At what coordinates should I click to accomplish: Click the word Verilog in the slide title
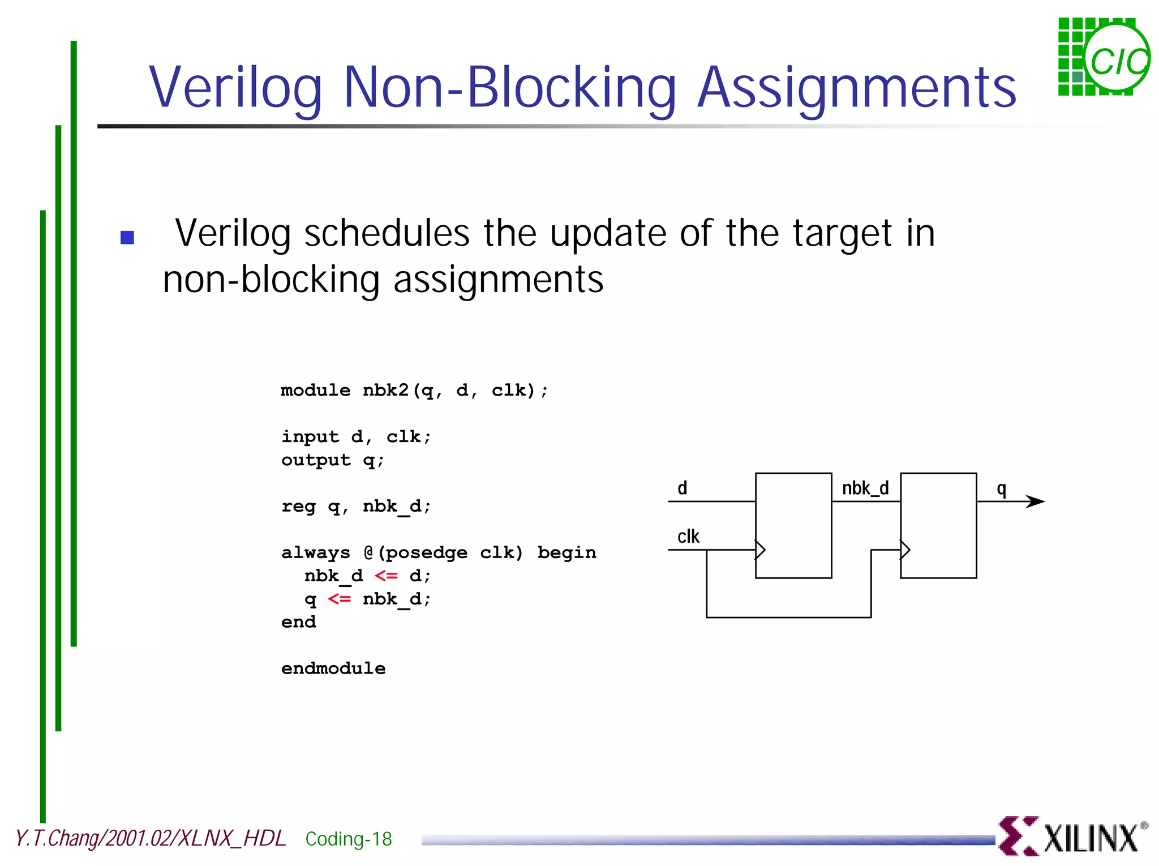[235, 88]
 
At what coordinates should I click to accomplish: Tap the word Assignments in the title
[857, 88]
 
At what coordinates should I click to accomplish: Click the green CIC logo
[1104, 57]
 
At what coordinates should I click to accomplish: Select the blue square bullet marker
[127, 237]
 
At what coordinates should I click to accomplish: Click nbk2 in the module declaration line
[385, 390]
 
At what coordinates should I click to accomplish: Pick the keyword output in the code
[316, 460]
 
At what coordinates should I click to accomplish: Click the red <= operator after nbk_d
[386, 576]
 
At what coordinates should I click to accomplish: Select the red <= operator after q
[339, 599]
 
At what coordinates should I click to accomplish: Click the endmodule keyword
[333, 668]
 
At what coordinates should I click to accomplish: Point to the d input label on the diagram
[682, 488]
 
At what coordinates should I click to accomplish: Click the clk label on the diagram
[688, 536]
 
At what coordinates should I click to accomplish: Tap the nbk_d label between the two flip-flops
[865, 488]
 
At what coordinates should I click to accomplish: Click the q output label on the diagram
[1001, 489]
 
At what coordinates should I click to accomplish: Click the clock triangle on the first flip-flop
[761, 550]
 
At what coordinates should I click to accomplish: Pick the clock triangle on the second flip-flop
[905, 550]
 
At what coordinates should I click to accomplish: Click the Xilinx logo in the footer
[1072, 837]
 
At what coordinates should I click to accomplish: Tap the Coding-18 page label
[349, 839]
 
